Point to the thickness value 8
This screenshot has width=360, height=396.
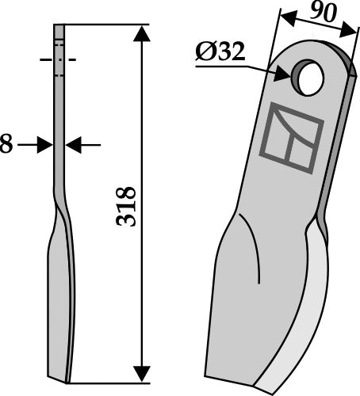pyautogui.click(x=6, y=145)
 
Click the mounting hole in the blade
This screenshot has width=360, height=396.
pyautogui.click(x=307, y=77)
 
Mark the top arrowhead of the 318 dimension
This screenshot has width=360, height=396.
pyautogui.click(x=142, y=32)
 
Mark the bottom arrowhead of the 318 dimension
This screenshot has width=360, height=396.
pyautogui.click(x=142, y=371)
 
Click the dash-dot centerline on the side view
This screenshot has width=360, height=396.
pyautogui.click(x=58, y=59)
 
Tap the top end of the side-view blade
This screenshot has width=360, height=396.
pyautogui.click(x=59, y=26)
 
